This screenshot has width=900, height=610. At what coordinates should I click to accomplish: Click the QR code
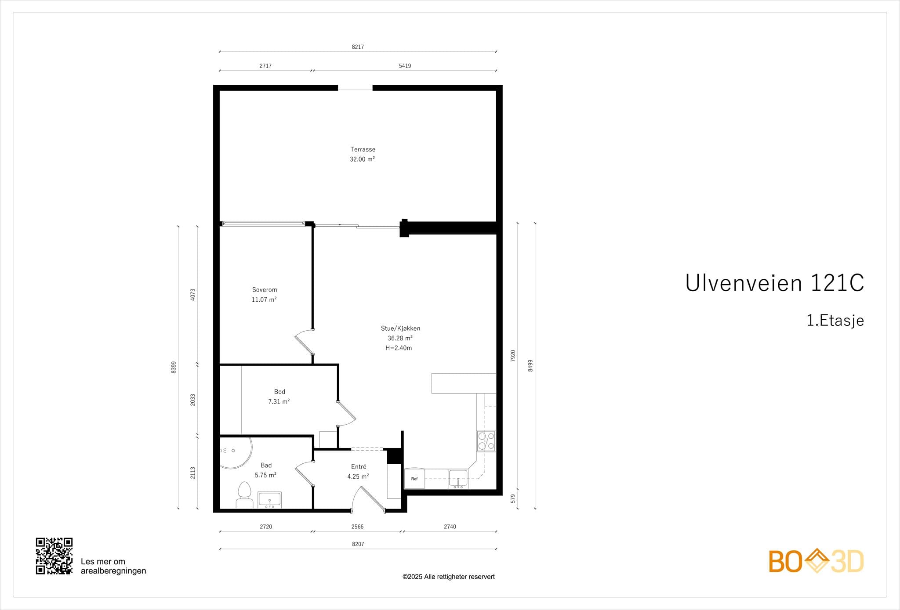pyautogui.click(x=54, y=556)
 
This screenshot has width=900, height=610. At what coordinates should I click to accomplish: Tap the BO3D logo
pyautogui.click(x=816, y=561)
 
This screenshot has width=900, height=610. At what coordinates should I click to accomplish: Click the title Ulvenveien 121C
pyautogui.click(x=774, y=283)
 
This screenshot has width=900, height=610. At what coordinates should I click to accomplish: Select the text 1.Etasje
pyautogui.click(x=835, y=321)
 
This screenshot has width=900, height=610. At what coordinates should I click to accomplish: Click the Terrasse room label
pyautogui.click(x=363, y=149)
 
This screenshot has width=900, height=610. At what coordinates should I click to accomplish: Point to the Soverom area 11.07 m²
pyautogui.click(x=264, y=300)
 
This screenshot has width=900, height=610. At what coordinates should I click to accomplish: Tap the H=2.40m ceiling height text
pyautogui.click(x=399, y=348)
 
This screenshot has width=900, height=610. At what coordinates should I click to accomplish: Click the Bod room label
pyautogui.click(x=279, y=392)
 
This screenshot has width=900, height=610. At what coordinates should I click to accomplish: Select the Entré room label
pyautogui.click(x=359, y=467)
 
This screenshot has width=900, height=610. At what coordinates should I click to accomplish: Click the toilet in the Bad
pyautogui.click(x=244, y=495)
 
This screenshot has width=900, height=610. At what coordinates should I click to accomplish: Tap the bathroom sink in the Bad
pyautogui.click(x=269, y=500)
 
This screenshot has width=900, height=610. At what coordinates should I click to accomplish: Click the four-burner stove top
pyautogui.click(x=486, y=441)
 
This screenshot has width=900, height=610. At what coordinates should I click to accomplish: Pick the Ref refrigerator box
pyautogui.click(x=414, y=479)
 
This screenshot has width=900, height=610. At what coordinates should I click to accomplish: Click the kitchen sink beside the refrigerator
pyautogui.click(x=458, y=478)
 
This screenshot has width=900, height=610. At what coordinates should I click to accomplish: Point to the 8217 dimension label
pyautogui.click(x=358, y=47)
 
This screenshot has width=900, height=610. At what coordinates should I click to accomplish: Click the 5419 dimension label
pyautogui.click(x=405, y=66)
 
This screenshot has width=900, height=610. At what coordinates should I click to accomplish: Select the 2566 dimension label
pyautogui.click(x=357, y=527)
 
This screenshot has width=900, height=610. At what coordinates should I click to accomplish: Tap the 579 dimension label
pyautogui.click(x=513, y=498)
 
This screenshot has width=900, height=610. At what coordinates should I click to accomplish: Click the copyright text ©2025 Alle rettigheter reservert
pyautogui.click(x=448, y=577)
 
